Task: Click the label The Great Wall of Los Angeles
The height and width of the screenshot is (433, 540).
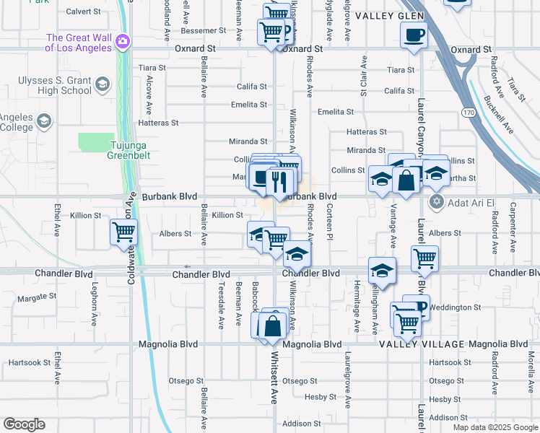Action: (79, 43)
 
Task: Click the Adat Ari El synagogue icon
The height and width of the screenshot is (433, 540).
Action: (435, 201)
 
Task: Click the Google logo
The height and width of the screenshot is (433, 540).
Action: (24, 424)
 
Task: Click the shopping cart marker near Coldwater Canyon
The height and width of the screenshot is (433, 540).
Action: (123, 232)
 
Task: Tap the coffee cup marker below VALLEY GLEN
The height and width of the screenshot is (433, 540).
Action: (414, 35)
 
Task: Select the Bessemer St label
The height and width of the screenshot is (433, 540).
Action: (204, 31)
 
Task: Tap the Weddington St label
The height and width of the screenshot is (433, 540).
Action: (457, 307)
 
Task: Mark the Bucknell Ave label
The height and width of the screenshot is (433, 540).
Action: (498, 115)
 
